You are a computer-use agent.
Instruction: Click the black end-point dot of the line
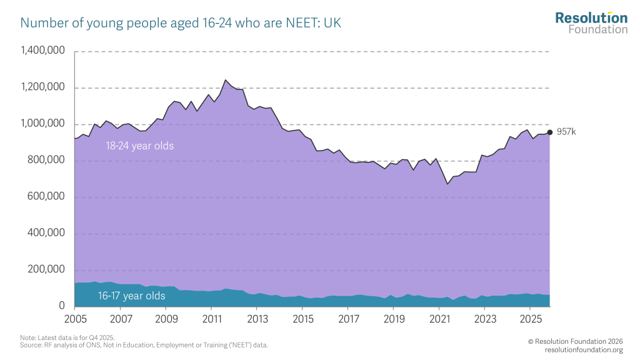pyautogui.click(x=550, y=132)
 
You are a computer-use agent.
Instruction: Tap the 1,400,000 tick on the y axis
pyautogui.click(x=43, y=51)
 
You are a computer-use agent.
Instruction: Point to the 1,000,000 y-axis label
pyautogui.click(x=43, y=124)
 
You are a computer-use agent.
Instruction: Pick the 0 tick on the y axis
pyautogui.click(x=62, y=306)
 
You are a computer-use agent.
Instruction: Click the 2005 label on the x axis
pyautogui.click(x=74, y=319)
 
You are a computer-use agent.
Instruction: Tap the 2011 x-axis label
pyautogui.click(x=211, y=319)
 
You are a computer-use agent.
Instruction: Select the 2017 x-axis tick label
pyautogui.click(x=347, y=319)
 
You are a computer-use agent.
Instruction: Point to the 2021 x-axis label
pyautogui.click(x=439, y=319)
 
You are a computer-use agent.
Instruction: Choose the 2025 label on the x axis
pyautogui.click(x=530, y=319)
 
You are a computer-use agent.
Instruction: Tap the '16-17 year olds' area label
pyautogui.click(x=131, y=296)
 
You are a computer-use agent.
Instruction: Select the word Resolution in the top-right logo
pyautogui.click(x=591, y=17)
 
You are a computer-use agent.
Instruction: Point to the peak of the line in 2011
pyautogui.click(x=226, y=80)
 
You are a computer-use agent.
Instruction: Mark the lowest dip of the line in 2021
pyautogui.click(x=447, y=184)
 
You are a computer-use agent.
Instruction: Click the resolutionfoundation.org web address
pyautogui.click(x=584, y=349)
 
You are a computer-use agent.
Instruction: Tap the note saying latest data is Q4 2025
pyautogui.click(x=67, y=337)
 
